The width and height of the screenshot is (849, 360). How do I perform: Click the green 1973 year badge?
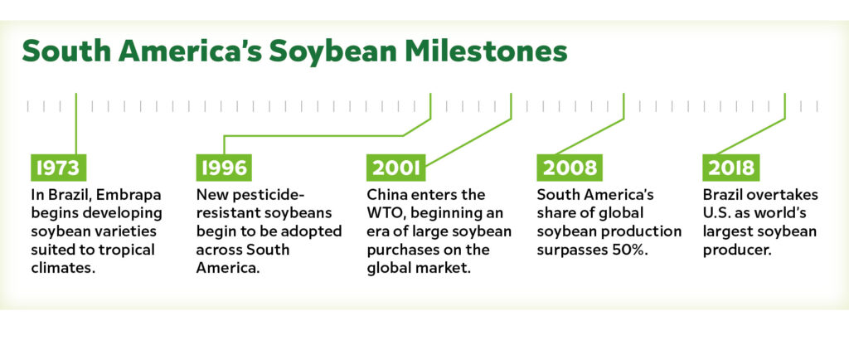[58, 168]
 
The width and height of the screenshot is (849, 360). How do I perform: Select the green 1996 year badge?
[224, 168]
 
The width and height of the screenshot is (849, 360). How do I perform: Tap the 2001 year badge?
[395, 168]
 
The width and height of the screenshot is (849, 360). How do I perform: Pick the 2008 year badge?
[570, 168]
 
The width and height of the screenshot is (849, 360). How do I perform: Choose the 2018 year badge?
[731, 168]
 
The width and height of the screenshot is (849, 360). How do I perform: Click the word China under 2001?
[385, 194]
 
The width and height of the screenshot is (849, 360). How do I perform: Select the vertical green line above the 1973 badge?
[75, 124]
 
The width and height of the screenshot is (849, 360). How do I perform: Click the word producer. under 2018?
[736, 251]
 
